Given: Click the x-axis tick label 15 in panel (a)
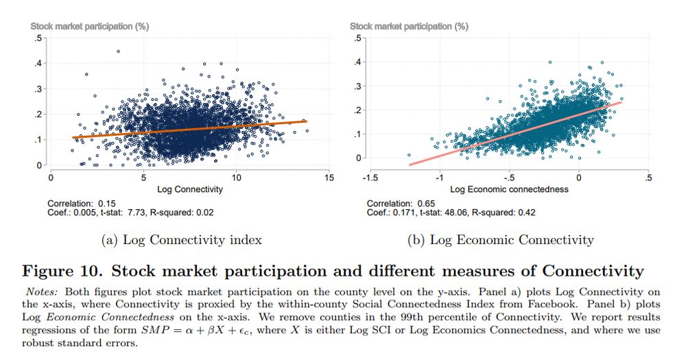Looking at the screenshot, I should pos(329,178).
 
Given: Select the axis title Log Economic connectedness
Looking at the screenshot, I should pos(509,189).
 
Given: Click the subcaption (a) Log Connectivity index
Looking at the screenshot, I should pos(181,239).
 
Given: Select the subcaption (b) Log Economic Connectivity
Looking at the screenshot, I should pos(500,239).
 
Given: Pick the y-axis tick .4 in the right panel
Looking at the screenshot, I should pos(357,62).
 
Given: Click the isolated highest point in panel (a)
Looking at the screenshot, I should pos(118,51).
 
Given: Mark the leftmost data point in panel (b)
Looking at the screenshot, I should pos(409,155).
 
